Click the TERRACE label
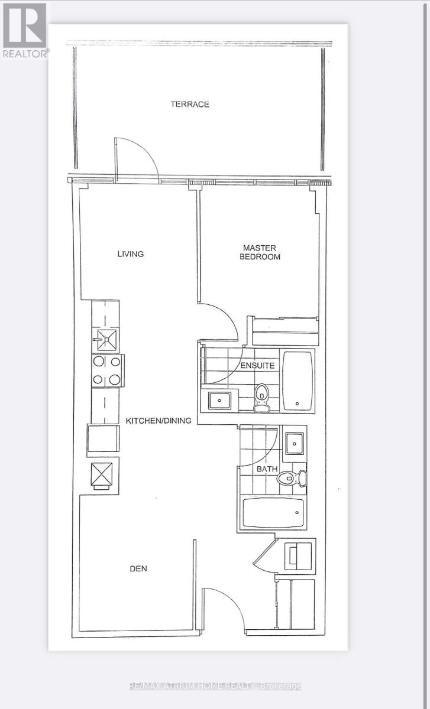190,104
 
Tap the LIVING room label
130,254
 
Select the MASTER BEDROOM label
260,252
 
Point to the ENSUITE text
257,366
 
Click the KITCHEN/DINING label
159,421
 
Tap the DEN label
138,569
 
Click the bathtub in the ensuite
297,381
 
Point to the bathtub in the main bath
273,513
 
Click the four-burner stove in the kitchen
106,370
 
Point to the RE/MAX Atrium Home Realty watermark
215,686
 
